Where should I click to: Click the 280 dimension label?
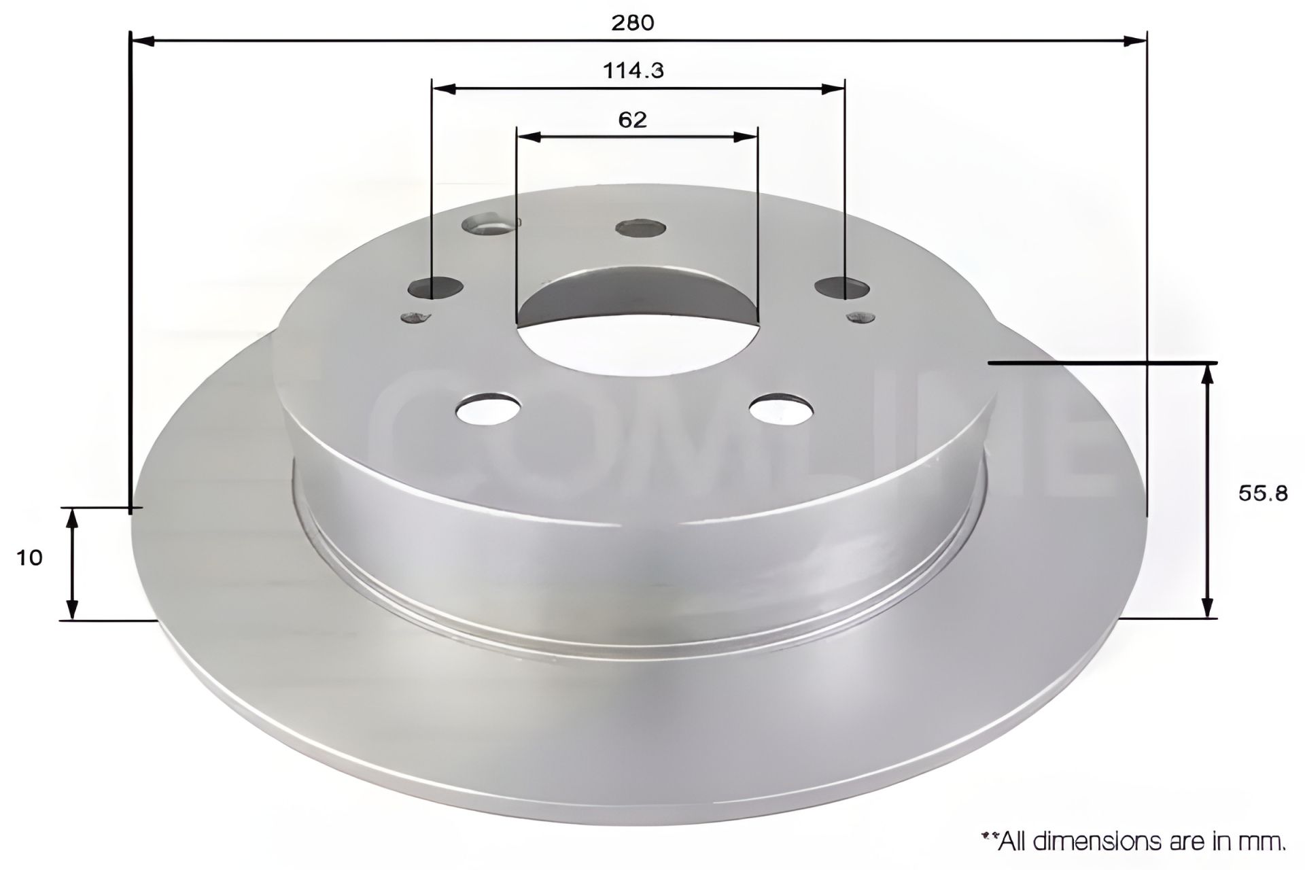pyautogui.click(x=632, y=22)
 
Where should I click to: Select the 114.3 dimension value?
pyautogui.click(x=633, y=70)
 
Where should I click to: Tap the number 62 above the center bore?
pyautogui.click(x=632, y=120)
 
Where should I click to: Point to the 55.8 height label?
pyautogui.click(x=1262, y=493)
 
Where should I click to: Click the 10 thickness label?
pyautogui.click(x=29, y=558)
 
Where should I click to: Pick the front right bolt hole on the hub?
pyautogui.click(x=781, y=408)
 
